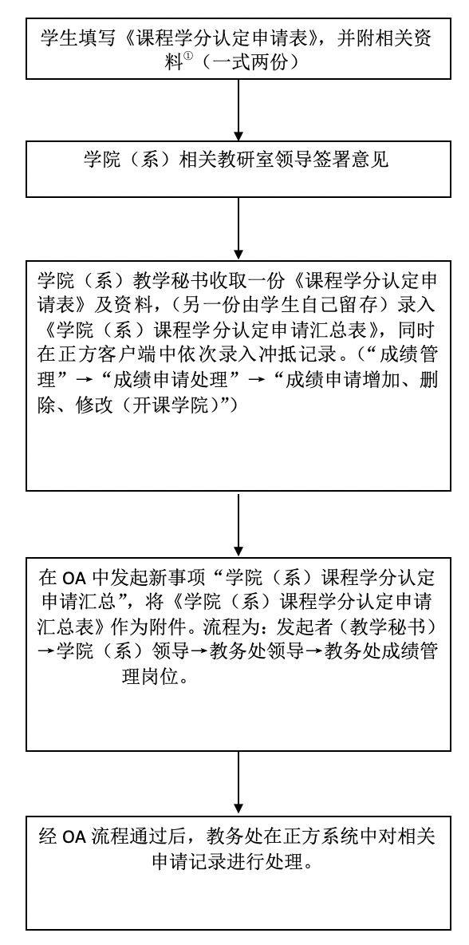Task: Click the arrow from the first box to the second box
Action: (238, 109)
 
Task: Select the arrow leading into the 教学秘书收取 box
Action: (238, 228)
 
